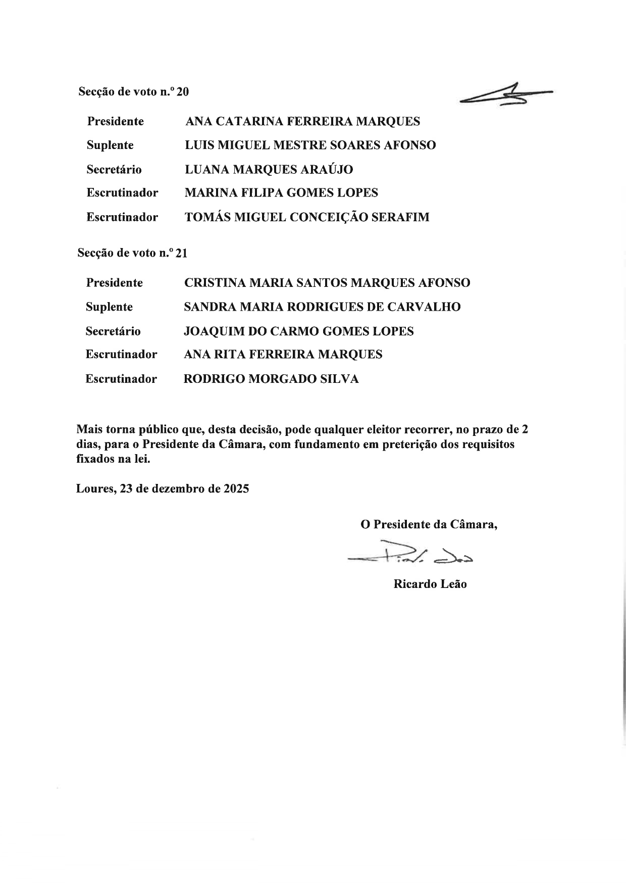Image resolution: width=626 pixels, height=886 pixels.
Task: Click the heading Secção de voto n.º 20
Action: (133, 92)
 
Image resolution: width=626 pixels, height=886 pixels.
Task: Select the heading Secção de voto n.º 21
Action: (132, 253)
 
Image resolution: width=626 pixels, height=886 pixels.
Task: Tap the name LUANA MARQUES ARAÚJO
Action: (269, 169)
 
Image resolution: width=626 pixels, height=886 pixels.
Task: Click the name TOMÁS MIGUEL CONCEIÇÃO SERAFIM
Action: (307, 217)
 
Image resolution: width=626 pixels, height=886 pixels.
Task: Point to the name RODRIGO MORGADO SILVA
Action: (271, 379)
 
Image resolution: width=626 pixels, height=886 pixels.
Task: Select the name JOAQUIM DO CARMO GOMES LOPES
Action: (299, 331)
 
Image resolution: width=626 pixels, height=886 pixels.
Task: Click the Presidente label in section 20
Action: (115, 121)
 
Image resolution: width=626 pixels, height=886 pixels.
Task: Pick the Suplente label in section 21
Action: (109, 307)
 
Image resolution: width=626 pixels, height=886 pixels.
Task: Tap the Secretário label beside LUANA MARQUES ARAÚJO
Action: (114, 169)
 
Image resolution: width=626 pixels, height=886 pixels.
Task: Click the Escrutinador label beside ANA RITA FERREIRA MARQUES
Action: (121, 355)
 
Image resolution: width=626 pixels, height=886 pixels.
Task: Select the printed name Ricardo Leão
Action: (430, 584)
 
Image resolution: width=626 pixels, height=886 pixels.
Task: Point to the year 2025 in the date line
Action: (236, 489)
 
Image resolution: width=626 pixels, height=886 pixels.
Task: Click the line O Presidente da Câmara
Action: (429, 524)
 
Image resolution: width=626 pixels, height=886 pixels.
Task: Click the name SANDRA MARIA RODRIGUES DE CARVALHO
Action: (322, 307)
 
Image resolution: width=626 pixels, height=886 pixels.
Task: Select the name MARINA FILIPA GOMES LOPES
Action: (281, 193)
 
